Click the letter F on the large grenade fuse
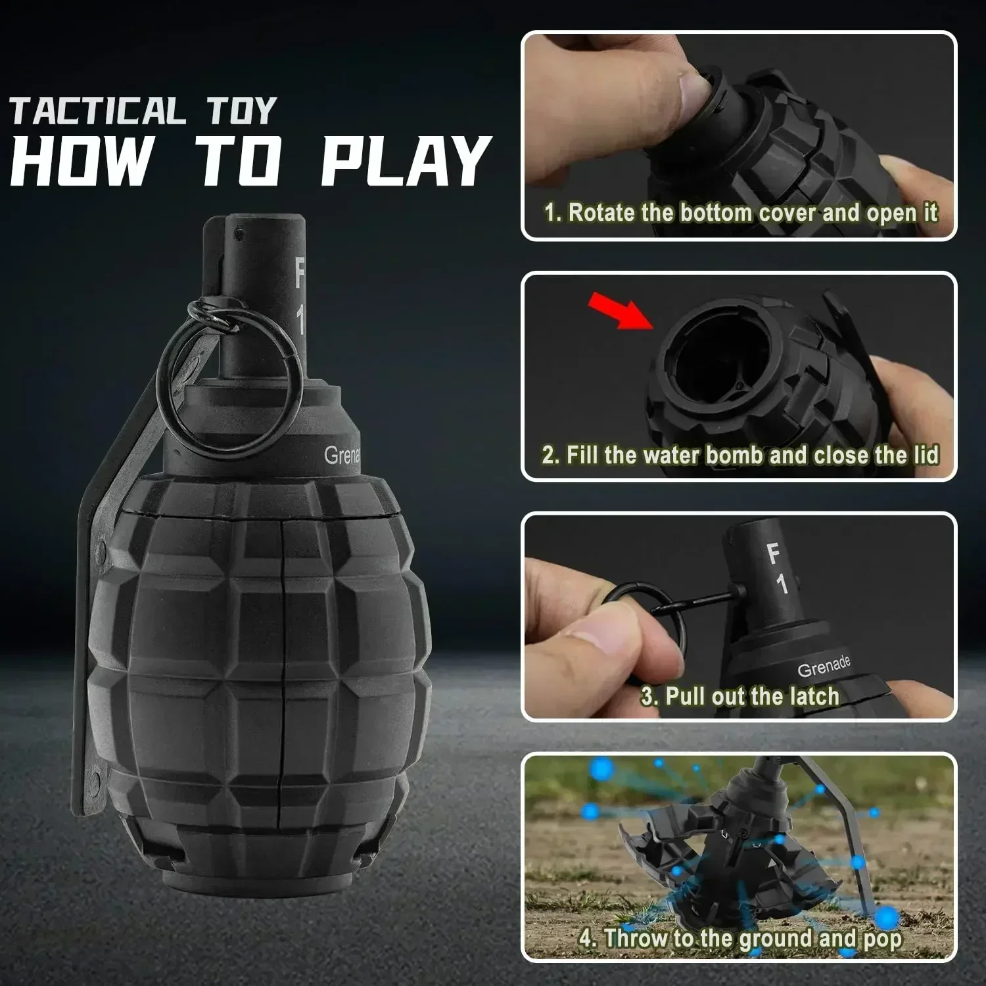click(x=300, y=273)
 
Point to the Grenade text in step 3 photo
click(x=824, y=666)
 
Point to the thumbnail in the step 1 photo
click(x=690, y=92)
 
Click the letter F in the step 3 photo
click(x=774, y=554)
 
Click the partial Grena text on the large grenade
click(x=342, y=456)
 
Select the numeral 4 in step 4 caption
click(x=586, y=938)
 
